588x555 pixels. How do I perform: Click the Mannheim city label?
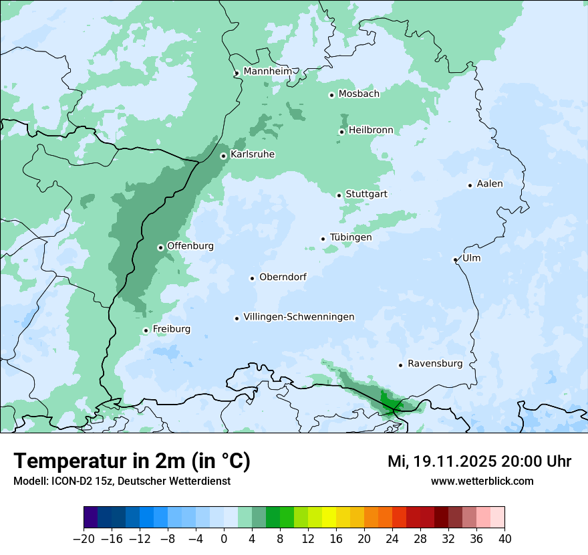267,72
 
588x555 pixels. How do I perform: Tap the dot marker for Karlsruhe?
224,156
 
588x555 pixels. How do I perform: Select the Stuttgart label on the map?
366,195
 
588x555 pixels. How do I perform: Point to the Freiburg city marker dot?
146,330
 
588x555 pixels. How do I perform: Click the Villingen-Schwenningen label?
299,317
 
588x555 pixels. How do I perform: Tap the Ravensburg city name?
434,364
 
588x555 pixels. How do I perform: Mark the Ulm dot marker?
455,259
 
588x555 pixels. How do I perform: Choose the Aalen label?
490,184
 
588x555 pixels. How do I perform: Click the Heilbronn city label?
371,130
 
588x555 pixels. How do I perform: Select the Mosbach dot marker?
331,95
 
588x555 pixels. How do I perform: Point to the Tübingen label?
351,237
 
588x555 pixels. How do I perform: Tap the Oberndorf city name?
283,277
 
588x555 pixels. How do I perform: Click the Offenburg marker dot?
160,247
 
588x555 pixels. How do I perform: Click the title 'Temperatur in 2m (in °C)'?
132,461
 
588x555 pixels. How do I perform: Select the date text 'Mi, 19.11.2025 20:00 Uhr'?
479,461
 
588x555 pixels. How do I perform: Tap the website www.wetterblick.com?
482,481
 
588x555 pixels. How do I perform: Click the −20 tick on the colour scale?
84,539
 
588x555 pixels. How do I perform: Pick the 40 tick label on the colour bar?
504,539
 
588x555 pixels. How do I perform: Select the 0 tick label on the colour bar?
224,539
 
